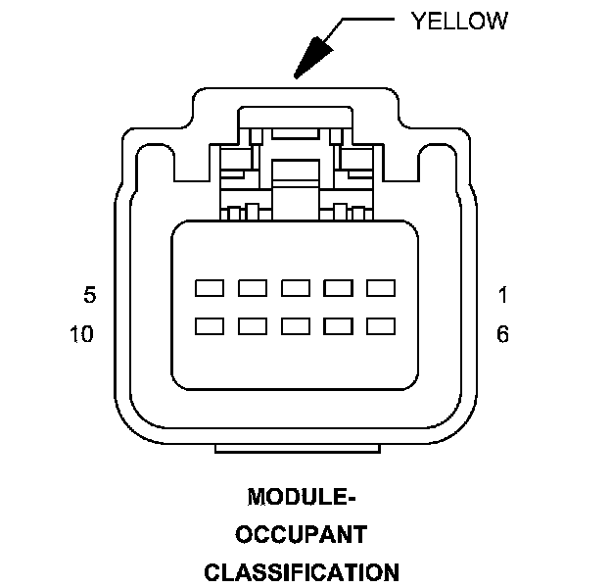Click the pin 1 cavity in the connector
[380, 288]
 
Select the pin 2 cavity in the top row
[338, 288]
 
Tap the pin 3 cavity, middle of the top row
[296, 288]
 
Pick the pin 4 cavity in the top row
[253, 288]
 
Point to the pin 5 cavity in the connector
[210, 288]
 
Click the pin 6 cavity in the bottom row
[380, 325]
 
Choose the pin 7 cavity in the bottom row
[338, 325]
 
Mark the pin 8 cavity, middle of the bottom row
[296, 325]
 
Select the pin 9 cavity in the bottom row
[253, 325]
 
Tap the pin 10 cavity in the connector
[210, 325]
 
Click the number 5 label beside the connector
[89, 295]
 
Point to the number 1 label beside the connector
[502, 295]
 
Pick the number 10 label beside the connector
[82, 335]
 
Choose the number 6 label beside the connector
[502, 335]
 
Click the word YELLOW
[459, 21]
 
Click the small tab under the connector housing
[297, 449]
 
